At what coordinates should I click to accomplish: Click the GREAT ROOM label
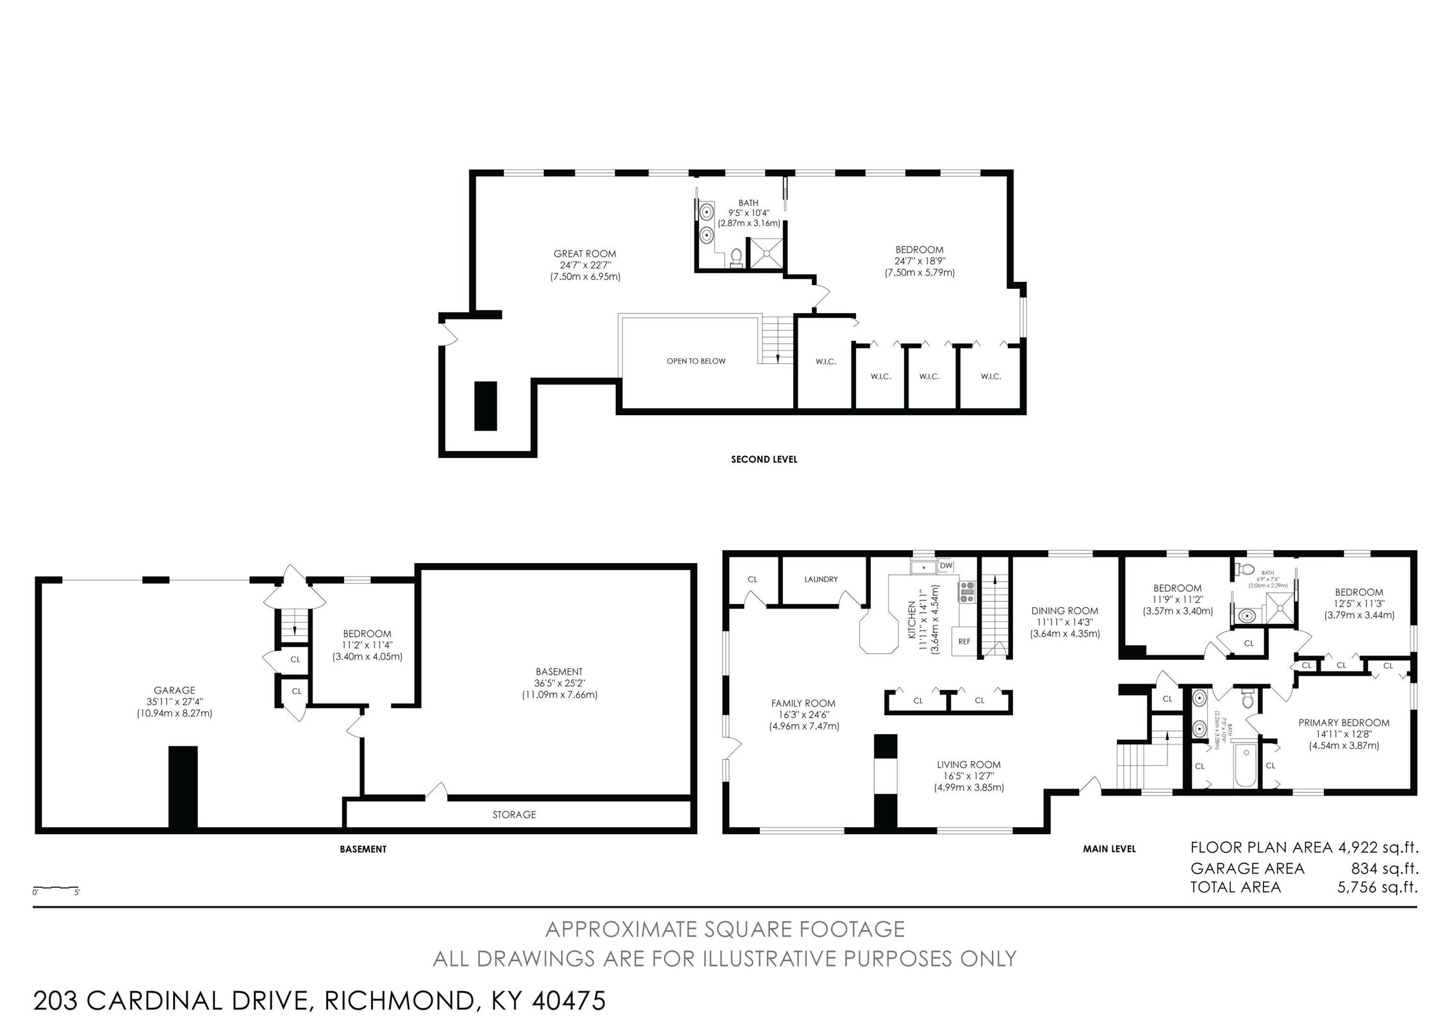tap(584, 254)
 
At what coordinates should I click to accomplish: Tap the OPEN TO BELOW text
tap(696, 361)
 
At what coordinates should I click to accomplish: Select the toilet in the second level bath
tap(736, 258)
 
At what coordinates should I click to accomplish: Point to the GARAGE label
tap(174, 691)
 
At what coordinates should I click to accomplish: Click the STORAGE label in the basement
tap(514, 815)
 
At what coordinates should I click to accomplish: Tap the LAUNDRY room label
tap(821, 579)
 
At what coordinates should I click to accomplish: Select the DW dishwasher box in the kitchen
tap(946, 566)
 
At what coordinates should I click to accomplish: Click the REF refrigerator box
tap(964, 641)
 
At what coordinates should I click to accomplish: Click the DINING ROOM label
tap(1064, 611)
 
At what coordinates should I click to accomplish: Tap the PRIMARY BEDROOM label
tap(1344, 723)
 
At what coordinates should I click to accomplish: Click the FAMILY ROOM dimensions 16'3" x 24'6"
tap(803, 715)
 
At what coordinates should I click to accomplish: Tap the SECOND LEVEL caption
tap(764, 459)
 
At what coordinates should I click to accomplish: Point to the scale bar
tap(56, 889)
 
